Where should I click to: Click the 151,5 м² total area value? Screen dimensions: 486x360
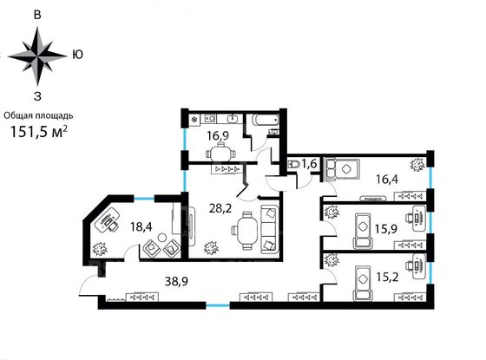click(39, 131)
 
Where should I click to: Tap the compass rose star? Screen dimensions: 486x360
click(37, 56)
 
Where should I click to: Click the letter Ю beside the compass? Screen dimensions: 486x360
click(77, 55)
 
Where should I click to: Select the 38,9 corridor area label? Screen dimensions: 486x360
click(176, 281)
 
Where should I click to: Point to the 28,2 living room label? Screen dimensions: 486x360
click(220, 208)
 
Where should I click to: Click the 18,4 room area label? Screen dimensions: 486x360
click(141, 226)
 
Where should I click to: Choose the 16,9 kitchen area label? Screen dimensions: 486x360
click(218, 135)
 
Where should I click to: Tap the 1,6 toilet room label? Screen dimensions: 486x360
click(309, 163)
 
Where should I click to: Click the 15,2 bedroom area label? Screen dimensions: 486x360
click(387, 277)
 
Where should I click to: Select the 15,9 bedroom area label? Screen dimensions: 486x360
click(386, 229)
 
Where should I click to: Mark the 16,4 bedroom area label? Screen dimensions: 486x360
click(387, 179)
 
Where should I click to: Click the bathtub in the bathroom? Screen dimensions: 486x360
click(266, 120)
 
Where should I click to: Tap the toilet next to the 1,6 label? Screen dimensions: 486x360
click(293, 164)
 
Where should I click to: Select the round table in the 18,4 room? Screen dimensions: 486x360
click(161, 238)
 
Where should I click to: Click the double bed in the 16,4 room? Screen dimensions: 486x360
click(342, 170)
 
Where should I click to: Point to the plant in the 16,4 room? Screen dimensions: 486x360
click(417, 165)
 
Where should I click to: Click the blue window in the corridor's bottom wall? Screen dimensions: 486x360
click(218, 305)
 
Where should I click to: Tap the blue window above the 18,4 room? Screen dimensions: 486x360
click(144, 199)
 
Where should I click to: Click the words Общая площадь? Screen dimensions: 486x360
click(38, 115)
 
